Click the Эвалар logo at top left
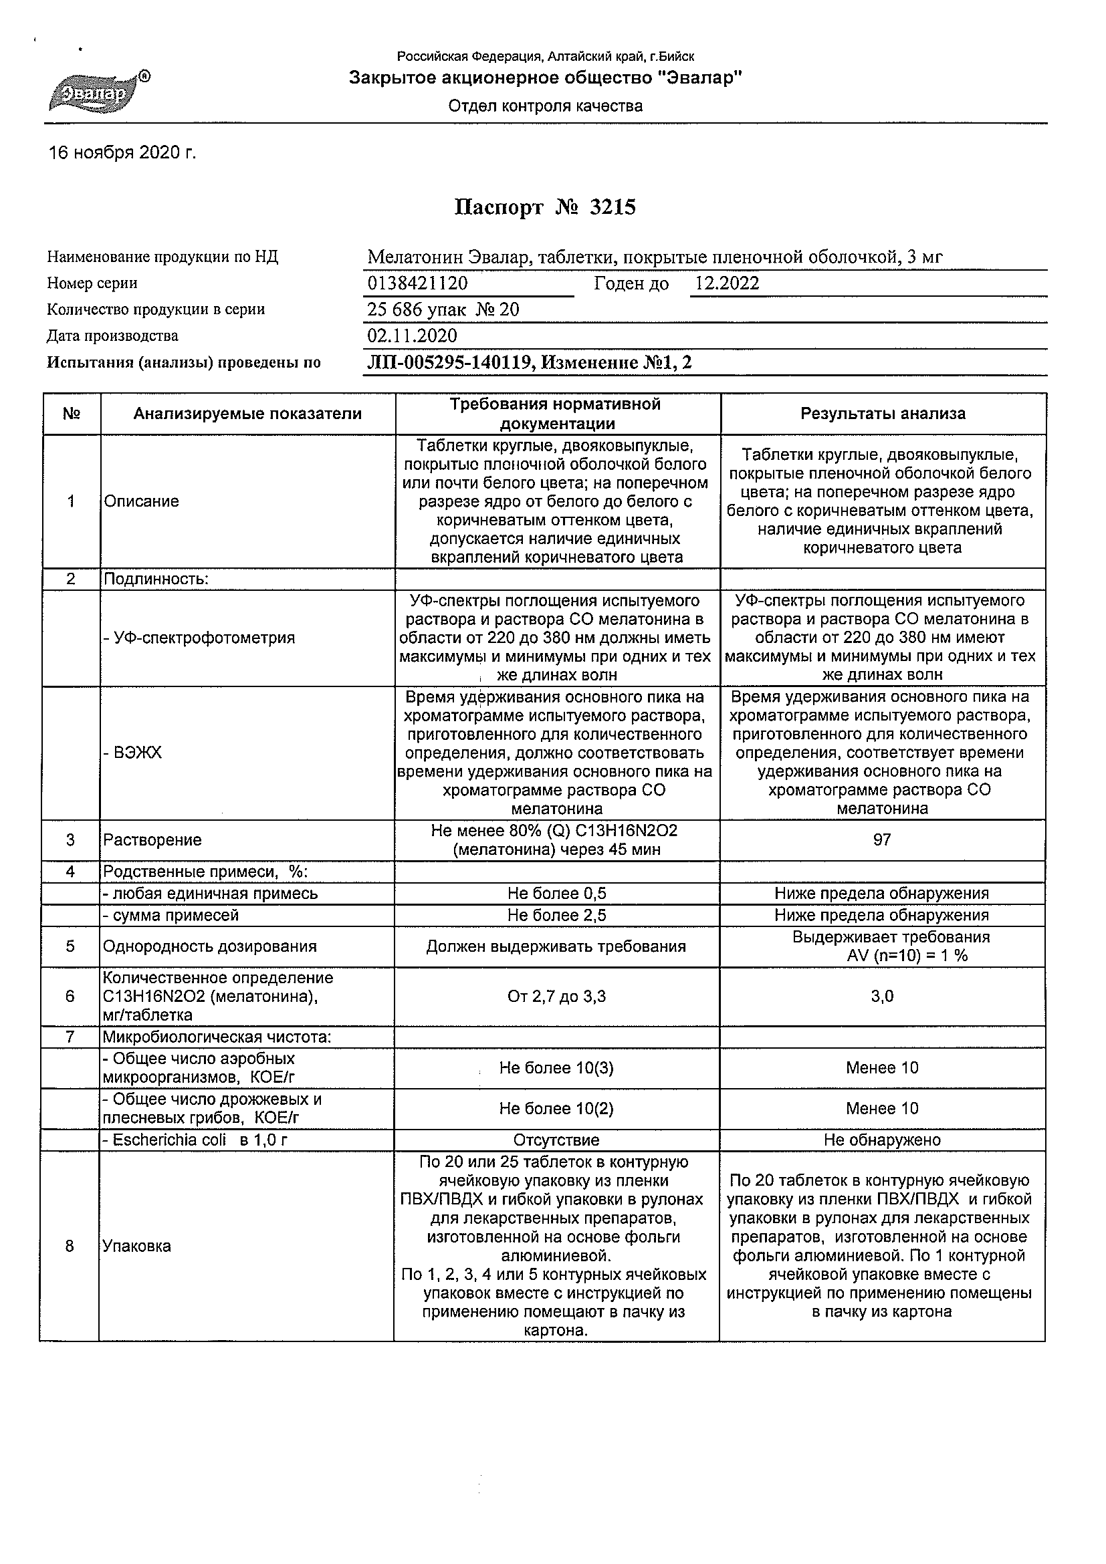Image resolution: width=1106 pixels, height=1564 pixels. [98, 92]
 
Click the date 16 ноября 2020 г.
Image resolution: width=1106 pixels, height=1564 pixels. [122, 153]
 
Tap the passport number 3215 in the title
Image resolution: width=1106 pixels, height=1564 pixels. [612, 207]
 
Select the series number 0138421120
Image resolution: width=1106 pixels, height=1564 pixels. [417, 283]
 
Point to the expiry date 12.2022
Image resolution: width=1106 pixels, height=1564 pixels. [726, 283]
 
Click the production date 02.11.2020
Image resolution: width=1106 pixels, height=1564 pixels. [413, 336]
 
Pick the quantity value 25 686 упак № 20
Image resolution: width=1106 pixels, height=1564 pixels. [443, 310]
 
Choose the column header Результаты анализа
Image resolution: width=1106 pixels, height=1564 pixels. [883, 414]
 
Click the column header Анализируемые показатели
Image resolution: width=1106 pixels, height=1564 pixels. [247, 414]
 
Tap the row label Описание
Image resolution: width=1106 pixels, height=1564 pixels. [141, 501]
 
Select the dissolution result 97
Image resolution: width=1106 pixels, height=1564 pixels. [882, 840]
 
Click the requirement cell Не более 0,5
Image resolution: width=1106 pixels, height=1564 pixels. [557, 893]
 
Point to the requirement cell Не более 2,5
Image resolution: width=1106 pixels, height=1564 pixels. [557, 915]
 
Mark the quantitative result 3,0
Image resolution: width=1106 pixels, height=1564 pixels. [882, 997]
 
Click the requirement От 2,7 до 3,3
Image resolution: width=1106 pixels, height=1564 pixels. [557, 997]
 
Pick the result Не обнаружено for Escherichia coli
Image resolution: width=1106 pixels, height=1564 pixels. [882, 1140]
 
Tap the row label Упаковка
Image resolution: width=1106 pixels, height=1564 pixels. [136, 1246]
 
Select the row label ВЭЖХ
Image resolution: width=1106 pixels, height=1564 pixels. [134, 753]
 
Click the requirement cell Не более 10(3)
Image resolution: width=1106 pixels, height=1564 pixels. [556, 1068]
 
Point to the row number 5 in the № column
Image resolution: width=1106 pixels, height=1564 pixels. [70, 946]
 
